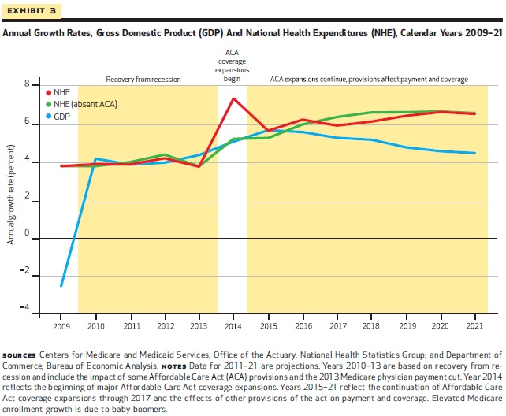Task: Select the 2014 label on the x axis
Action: pyautogui.click(x=233, y=325)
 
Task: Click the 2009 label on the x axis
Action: pyautogui.click(x=61, y=325)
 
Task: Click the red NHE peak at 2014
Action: pyautogui.click(x=233, y=98)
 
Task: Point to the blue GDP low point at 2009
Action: pyautogui.click(x=61, y=285)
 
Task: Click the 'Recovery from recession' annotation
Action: pyautogui.click(x=143, y=80)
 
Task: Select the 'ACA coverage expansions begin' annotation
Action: pyautogui.click(x=233, y=65)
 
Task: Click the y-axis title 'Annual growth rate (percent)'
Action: pyautogui.click(x=11, y=193)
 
